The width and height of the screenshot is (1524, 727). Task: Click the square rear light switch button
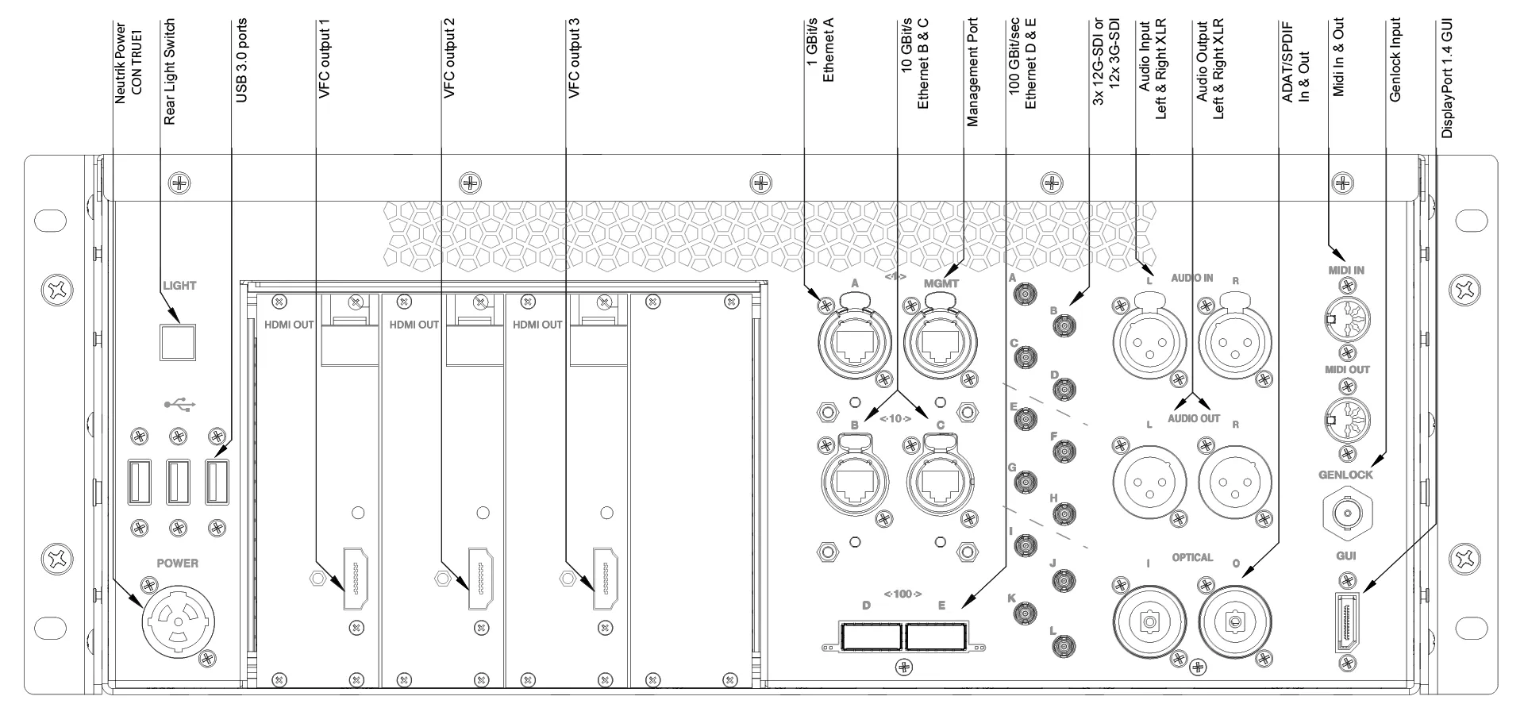pyautogui.click(x=178, y=340)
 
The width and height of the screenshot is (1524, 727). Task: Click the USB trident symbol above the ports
pyautogui.click(x=180, y=405)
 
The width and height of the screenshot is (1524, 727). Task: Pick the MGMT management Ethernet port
pyautogui.click(x=940, y=341)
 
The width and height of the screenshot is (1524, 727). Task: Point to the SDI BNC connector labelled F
pyautogui.click(x=1063, y=452)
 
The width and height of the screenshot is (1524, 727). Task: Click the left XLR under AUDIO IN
pyautogui.click(x=1149, y=342)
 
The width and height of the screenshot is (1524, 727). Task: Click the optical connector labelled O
pyautogui.click(x=1235, y=624)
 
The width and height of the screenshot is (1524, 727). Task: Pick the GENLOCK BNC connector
pyautogui.click(x=1346, y=513)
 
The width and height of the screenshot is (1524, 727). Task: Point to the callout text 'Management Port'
pyautogui.click(x=972, y=73)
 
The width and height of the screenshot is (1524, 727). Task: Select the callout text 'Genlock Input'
pyautogui.click(x=1395, y=60)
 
